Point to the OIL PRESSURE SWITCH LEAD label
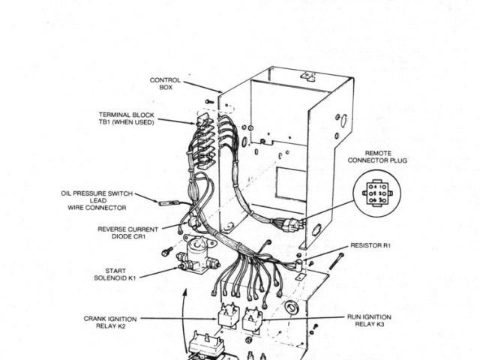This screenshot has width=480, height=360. pos(94,200)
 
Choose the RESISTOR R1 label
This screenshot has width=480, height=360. pos(370,245)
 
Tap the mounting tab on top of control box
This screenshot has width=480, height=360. pos(307,75)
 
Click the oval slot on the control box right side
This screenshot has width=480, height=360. pos(342,119)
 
